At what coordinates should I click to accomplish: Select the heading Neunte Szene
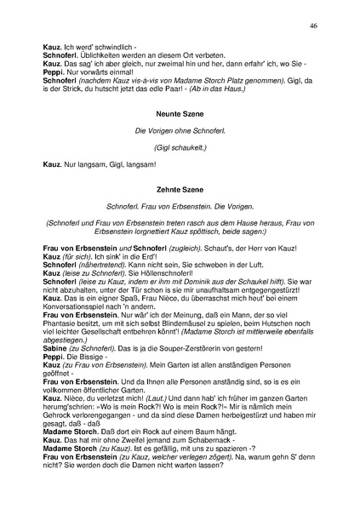pyautogui.click(x=179, y=112)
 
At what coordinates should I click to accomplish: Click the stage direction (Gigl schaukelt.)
pyautogui.click(x=179, y=146)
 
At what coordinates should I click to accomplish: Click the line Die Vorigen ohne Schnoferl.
pyautogui.click(x=179, y=129)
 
